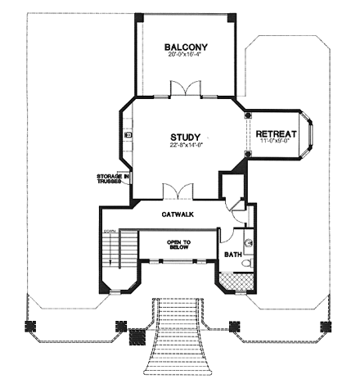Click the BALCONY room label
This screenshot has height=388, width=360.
[183, 47]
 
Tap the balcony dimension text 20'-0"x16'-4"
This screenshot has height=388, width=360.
[183, 56]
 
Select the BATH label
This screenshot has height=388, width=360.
[234, 255]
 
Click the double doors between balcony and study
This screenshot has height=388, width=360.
[184, 89]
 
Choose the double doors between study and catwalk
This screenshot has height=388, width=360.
[177, 192]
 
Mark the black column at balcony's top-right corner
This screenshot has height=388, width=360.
[232, 18]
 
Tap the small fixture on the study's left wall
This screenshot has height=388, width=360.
[129, 134]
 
